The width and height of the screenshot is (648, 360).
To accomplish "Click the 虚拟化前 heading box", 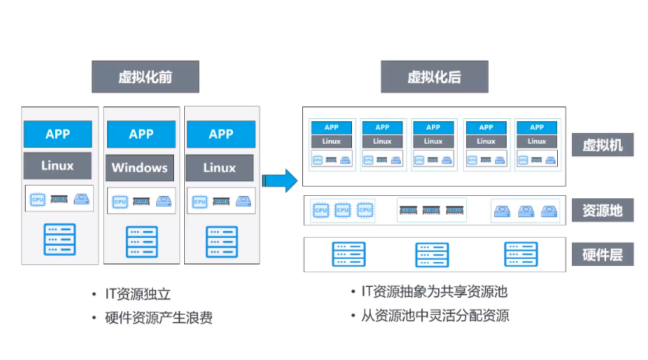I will (145, 78).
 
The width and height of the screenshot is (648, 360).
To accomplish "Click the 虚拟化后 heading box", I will (434, 78).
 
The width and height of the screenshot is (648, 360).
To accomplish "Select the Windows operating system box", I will (140, 167).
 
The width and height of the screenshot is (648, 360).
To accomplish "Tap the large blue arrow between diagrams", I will (280, 180).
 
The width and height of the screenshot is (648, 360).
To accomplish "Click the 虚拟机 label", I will (602, 145).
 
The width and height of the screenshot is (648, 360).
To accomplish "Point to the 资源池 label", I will (602, 210).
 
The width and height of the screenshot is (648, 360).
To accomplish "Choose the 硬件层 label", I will (602, 254).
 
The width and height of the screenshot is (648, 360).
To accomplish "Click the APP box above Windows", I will (141, 134).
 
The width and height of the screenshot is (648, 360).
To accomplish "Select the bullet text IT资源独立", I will (138, 295).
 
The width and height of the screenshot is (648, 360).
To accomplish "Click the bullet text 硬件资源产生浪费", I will (159, 317).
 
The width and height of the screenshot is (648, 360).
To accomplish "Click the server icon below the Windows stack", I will (141, 242).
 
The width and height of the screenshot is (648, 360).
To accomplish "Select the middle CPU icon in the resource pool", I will (343, 210).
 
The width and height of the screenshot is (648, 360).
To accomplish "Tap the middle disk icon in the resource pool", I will (526, 211).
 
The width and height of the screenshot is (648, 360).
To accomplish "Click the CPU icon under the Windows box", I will (120, 201).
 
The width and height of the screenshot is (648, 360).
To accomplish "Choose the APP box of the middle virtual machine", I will (434, 128).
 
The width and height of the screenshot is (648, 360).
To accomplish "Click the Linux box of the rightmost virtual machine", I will (537, 142).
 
